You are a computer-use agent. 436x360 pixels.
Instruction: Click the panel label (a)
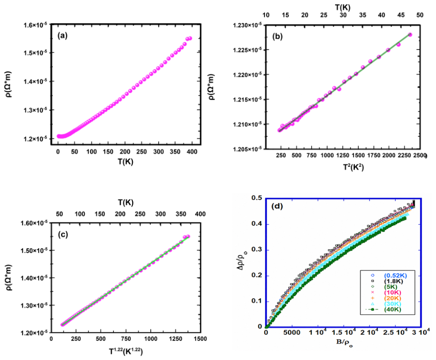click(x=62, y=35)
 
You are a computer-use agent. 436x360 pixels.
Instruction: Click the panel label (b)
click(x=277, y=37)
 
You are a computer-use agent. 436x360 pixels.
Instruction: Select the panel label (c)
click(x=63, y=235)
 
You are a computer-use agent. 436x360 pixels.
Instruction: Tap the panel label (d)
click(x=278, y=206)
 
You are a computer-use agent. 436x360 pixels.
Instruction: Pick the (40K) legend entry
click(x=393, y=309)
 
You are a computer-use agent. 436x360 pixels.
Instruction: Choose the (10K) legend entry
click(x=393, y=292)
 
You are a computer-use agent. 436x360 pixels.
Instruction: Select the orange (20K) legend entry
click(x=393, y=298)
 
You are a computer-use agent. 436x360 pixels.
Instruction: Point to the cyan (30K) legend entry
click(x=393, y=303)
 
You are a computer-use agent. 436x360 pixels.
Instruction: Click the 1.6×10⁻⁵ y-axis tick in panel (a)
click(x=36, y=25)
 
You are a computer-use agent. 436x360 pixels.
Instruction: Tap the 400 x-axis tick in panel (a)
click(x=192, y=152)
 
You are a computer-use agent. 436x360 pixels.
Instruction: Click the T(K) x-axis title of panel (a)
click(x=125, y=161)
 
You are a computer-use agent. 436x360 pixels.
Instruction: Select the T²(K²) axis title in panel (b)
click(x=353, y=167)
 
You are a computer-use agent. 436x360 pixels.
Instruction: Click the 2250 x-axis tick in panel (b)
click(x=404, y=155)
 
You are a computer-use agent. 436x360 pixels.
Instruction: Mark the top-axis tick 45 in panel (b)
click(x=401, y=15)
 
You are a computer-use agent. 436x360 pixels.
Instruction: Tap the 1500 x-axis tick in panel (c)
click(x=200, y=339)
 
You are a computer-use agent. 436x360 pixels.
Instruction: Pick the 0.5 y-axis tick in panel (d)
click(x=257, y=198)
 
